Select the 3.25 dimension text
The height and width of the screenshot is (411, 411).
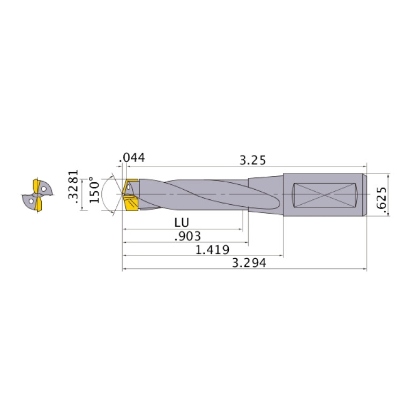point(252,160)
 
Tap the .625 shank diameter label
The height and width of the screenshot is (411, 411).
point(381,201)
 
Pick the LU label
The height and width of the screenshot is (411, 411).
point(182,222)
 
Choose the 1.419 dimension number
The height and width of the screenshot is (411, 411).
point(213,250)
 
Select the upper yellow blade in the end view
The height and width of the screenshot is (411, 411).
point(37,185)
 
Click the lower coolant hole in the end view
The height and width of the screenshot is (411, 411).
point(31,202)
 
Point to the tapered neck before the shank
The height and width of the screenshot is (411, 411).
point(265,193)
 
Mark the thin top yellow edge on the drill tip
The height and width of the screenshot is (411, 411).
point(132,181)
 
